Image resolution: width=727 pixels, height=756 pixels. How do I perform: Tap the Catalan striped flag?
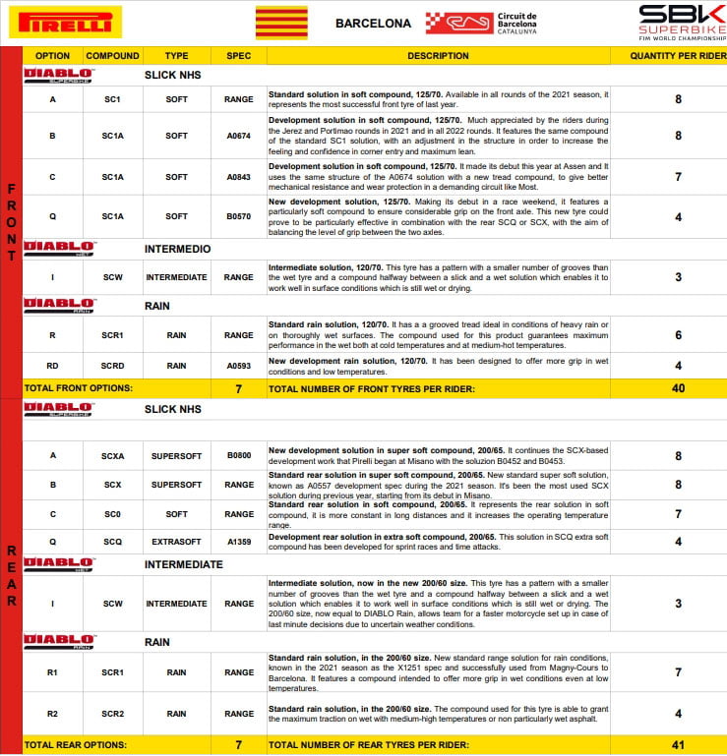coord(281,23)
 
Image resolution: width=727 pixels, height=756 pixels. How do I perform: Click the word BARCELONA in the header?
coord(373,24)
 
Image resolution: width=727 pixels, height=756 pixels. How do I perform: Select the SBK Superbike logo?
coord(678,23)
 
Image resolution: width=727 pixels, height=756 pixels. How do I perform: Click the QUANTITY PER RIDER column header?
coord(679,56)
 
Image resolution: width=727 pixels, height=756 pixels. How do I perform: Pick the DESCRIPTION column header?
coord(438,56)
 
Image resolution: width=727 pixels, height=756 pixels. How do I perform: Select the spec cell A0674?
coord(239,136)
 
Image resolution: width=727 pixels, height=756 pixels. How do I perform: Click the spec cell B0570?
coord(239,216)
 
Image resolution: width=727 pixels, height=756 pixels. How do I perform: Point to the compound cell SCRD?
coord(113,366)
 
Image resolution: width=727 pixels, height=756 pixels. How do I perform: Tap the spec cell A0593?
coord(239,366)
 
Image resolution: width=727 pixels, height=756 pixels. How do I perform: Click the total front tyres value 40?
coord(679,388)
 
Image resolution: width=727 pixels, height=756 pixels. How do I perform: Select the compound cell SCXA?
coord(113,455)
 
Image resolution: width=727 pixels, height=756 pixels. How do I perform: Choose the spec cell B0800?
coord(239,455)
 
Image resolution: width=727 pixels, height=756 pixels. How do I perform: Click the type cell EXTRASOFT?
coord(177,542)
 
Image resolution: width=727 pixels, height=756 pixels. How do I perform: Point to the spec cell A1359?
coord(239,542)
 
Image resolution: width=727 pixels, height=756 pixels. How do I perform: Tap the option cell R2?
coord(52,714)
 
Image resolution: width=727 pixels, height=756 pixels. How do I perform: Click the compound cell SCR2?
coord(113,714)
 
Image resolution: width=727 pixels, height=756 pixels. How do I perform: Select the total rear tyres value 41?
coord(679,745)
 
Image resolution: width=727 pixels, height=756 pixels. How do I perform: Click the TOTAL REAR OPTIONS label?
coord(79,745)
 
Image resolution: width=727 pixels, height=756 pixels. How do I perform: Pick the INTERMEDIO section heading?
coord(177,249)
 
